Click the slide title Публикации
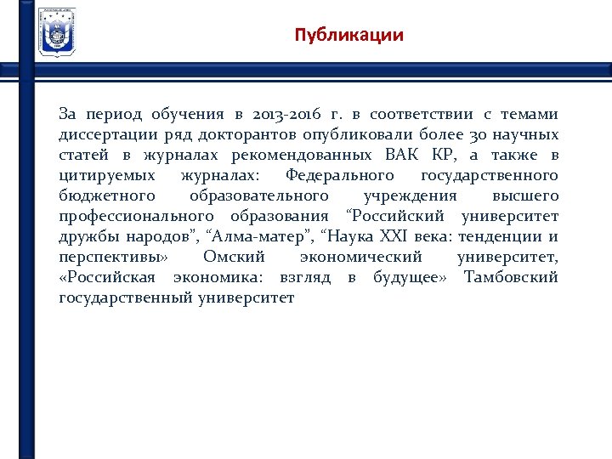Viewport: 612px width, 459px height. pos(348,36)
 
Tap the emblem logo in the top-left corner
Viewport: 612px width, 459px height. pos(57,31)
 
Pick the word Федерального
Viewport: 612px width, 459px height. pos(340,175)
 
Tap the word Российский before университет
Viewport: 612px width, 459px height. pos(400,216)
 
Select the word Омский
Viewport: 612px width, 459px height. pos(234,257)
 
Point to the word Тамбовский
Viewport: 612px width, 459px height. pos(511,277)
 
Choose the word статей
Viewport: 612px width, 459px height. pos(84,155)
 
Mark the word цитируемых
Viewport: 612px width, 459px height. pos(107,175)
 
